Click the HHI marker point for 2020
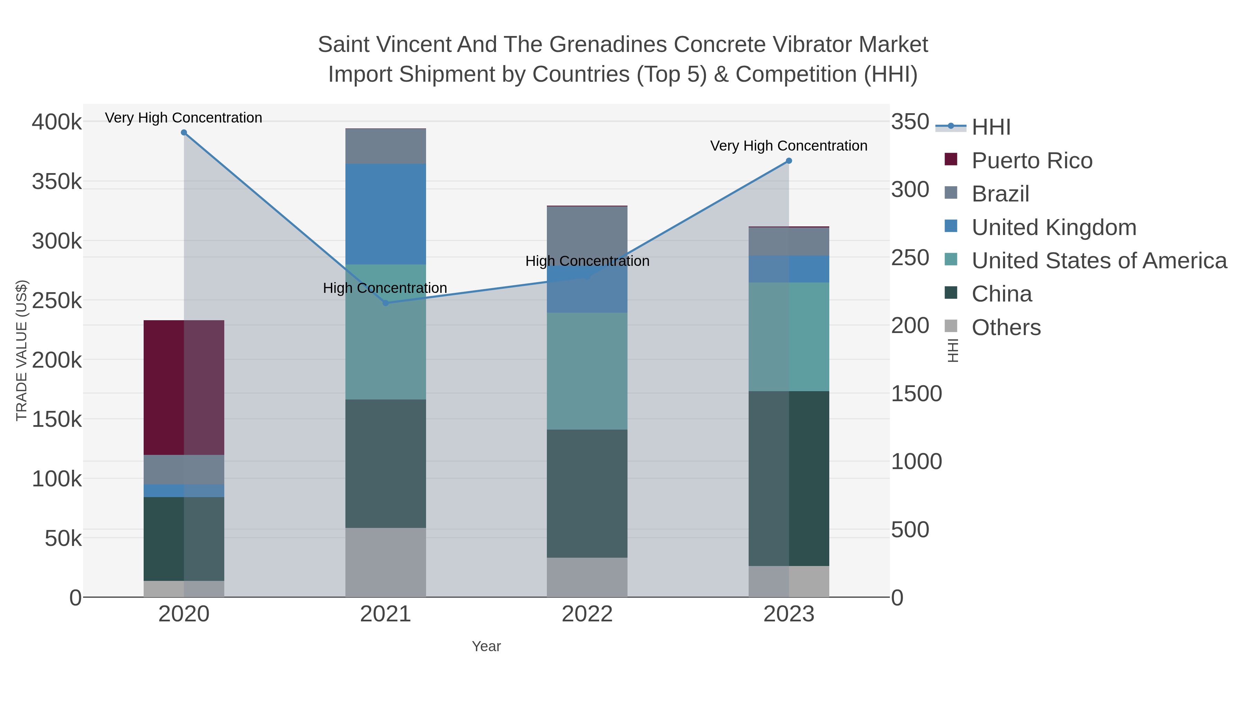coord(184,133)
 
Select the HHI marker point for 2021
coord(386,303)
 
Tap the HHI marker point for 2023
coord(789,161)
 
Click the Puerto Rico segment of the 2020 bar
coord(184,387)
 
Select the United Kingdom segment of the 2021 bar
coord(386,214)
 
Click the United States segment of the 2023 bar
coord(789,337)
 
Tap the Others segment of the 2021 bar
coord(386,562)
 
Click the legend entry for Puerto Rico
coord(1031,161)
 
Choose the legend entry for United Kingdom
coord(1054,227)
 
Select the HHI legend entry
coord(991,127)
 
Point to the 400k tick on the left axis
coord(57,122)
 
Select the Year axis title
coord(486,646)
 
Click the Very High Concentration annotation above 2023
coord(788,146)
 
